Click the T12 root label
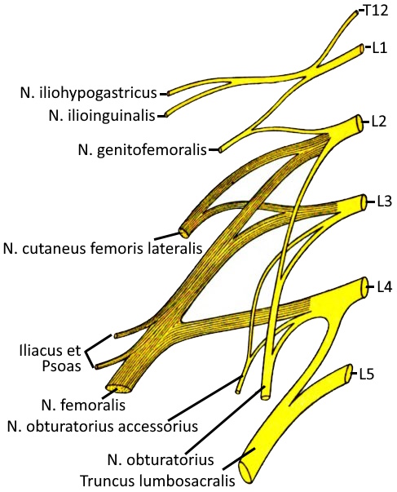point(376,11)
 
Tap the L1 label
point(380,48)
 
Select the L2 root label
point(379,122)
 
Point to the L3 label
point(384,202)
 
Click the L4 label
point(384,286)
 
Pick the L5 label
point(366,374)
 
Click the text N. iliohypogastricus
point(89,93)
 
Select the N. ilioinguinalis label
point(102,116)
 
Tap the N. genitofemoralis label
point(143,150)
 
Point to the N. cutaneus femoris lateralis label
point(103,249)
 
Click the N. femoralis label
point(83,405)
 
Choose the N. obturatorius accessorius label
point(103,426)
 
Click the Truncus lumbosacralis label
point(157,481)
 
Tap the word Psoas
point(61,366)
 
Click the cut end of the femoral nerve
point(118,388)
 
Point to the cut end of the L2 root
point(360,122)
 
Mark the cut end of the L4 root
point(364,287)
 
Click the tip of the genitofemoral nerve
point(220,150)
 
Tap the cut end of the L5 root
point(349,374)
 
